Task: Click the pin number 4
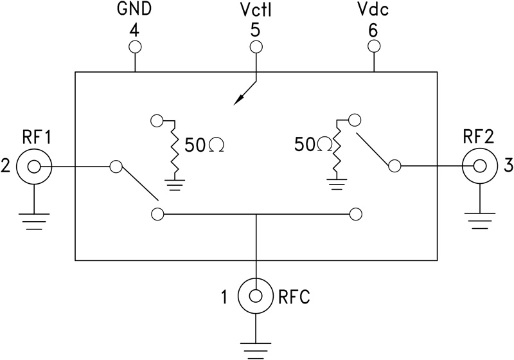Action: tap(135, 30)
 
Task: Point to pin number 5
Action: tap(256, 30)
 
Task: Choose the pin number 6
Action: tap(373, 30)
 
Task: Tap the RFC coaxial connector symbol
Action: tap(256, 296)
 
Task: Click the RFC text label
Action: tap(294, 297)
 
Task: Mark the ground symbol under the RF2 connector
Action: tap(479, 222)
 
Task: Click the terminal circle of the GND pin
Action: tap(135, 46)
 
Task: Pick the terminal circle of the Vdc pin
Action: tap(373, 46)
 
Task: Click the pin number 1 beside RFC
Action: tap(224, 297)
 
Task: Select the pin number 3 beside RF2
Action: tap(507, 166)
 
